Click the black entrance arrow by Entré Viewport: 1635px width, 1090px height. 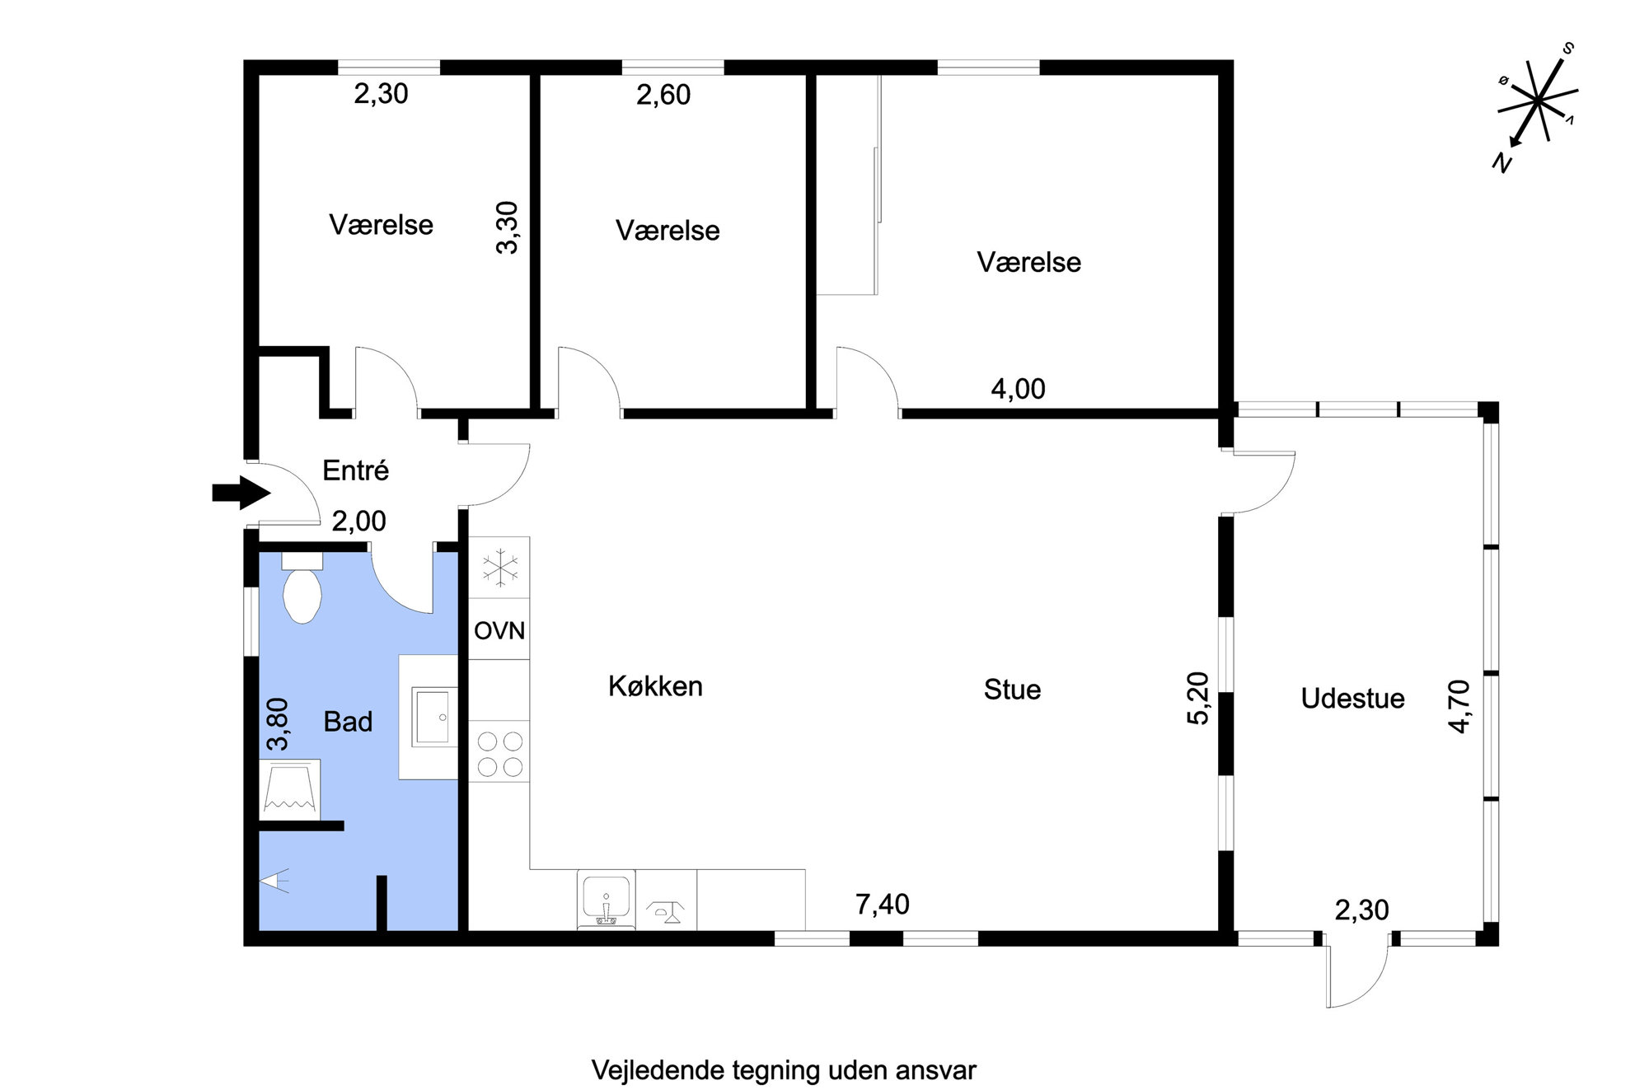click(x=241, y=493)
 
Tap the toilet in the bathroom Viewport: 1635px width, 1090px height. click(x=302, y=587)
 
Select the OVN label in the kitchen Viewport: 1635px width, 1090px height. click(x=499, y=631)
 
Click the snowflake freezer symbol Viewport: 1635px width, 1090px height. click(x=499, y=568)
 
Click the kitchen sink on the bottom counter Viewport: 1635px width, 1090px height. click(x=607, y=899)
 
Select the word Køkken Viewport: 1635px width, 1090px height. click(x=655, y=686)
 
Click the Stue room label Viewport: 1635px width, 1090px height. click(x=1012, y=690)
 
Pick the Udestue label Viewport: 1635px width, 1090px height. click(x=1352, y=699)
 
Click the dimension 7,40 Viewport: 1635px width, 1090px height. click(x=883, y=905)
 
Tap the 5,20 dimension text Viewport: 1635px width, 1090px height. click(x=1198, y=698)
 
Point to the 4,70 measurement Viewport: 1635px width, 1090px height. click(x=1459, y=706)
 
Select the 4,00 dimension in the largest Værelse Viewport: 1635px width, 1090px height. click(x=1018, y=389)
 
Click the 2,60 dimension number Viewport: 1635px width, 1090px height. click(x=663, y=95)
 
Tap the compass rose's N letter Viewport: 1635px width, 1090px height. click(x=1502, y=163)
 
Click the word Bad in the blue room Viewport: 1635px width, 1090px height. click(x=348, y=722)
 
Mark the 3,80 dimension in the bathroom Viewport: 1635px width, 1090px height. click(x=279, y=724)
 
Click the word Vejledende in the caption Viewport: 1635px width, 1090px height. click(x=658, y=1070)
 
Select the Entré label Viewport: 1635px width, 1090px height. click(x=355, y=470)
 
